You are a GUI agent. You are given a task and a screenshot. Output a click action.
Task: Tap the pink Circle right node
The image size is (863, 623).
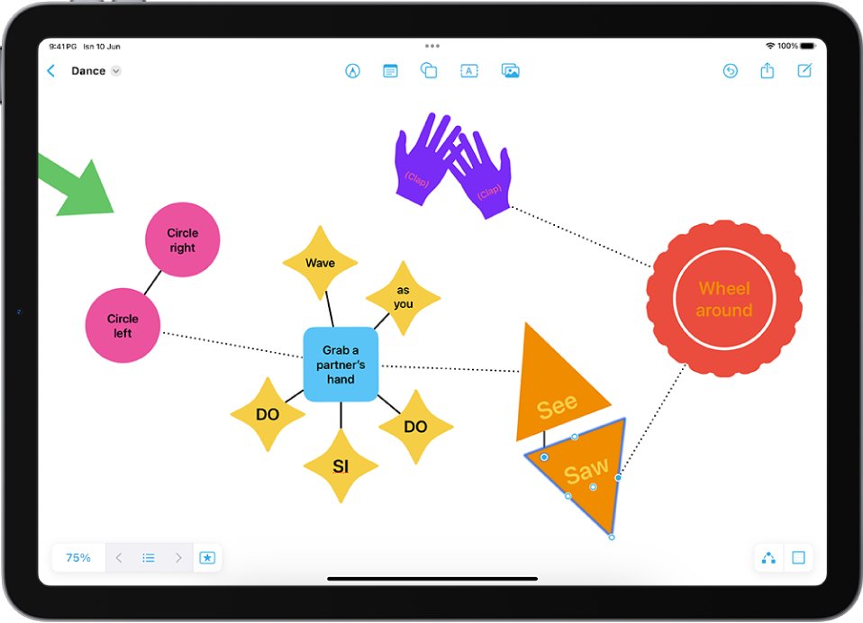pyautogui.click(x=183, y=239)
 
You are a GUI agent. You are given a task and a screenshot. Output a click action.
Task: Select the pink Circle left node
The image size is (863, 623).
pyautogui.click(x=123, y=326)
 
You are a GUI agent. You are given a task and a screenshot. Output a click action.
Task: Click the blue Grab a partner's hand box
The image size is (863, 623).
pyautogui.click(x=341, y=364)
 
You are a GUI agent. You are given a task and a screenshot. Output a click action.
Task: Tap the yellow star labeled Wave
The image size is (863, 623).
pyautogui.click(x=321, y=263)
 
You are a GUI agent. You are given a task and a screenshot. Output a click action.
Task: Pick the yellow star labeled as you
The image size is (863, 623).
pyautogui.click(x=404, y=298)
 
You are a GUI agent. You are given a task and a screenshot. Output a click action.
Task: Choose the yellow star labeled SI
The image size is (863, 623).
pyautogui.click(x=341, y=465)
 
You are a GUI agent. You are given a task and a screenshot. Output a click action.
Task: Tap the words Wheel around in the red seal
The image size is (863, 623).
pyautogui.click(x=724, y=299)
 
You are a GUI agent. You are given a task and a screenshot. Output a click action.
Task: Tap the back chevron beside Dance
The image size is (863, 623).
pyautogui.click(x=51, y=71)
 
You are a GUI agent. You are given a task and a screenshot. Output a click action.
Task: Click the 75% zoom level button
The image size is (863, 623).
pyautogui.click(x=78, y=557)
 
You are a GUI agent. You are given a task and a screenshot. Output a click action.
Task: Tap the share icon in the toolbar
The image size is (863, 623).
pyautogui.click(x=768, y=70)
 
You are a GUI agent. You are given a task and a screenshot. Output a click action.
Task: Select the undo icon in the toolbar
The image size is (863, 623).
pyautogui.click(x=731, y=71)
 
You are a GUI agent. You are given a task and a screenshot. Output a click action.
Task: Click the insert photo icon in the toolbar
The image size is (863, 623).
pyautogui.click(x=510, y=71)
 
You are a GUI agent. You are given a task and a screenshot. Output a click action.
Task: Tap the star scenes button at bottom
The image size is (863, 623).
pyautogui.click(x=207, y=557)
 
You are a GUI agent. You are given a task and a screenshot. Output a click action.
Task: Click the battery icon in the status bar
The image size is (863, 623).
pyautogui.click(x=808, y=46)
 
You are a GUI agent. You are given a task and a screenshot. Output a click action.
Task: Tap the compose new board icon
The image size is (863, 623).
pyautogui.click(x=804, y=70)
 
